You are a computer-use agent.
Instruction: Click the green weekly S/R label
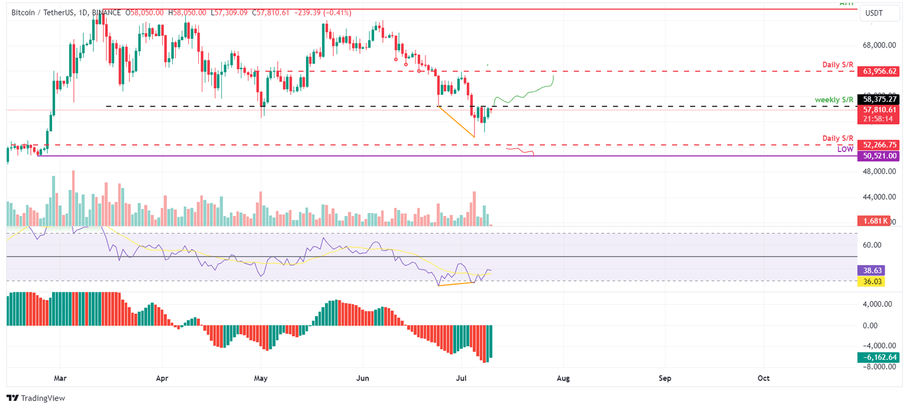(x=834, y=99)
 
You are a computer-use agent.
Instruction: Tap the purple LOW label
(x=844, y=150)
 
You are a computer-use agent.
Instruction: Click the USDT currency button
(x=875, y=12)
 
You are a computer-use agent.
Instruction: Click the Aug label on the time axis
(x=563, y=378)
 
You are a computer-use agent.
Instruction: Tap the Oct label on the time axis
(x=763, y=378)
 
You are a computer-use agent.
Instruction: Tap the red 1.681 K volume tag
(x=873, y=221)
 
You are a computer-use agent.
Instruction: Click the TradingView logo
(x=36, y=398)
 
